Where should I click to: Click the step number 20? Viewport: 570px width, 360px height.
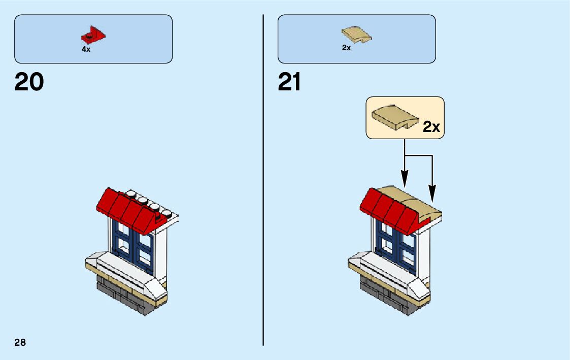click(29, 82)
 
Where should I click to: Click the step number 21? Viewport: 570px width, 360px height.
click(290, 82)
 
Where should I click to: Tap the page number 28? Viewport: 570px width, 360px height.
click(20, 342)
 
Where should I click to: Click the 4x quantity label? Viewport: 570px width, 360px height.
click(86, 49)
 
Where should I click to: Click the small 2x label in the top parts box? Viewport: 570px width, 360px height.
click(346, 48)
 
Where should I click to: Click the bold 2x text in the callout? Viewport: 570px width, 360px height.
click(431, 127)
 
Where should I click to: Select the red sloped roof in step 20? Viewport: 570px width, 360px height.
click(127, 208)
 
